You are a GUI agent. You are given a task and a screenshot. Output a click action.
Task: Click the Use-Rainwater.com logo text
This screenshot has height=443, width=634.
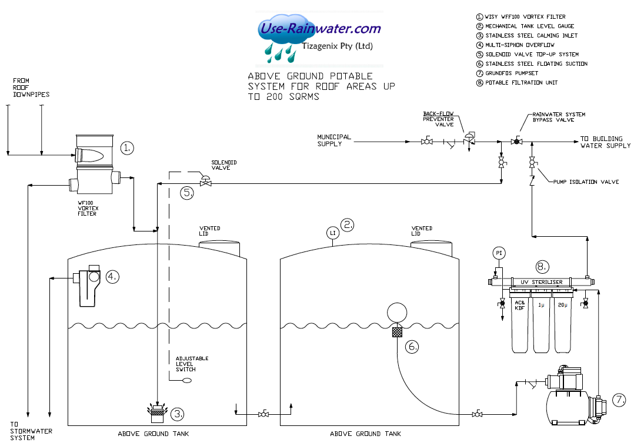[321, 28]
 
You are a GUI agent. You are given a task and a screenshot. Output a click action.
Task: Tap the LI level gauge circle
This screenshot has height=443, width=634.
[332, 233]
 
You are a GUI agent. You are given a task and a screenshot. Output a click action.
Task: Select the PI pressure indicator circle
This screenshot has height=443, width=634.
[498, 253]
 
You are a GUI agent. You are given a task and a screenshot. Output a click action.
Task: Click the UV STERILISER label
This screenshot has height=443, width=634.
[541, 283]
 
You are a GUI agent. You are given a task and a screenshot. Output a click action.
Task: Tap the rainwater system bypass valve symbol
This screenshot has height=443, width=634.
[516, 142]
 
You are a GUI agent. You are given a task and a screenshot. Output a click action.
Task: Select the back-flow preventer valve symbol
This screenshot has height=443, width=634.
[469, 140]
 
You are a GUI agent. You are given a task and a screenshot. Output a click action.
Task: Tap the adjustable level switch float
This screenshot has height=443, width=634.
[186, 381]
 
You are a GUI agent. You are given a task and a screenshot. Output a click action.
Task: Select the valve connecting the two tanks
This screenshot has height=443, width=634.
[263, 415]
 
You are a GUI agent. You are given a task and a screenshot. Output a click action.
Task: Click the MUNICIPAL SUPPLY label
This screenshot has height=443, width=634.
[334, 140]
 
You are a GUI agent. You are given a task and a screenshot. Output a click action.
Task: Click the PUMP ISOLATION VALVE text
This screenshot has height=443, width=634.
[586, 182]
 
